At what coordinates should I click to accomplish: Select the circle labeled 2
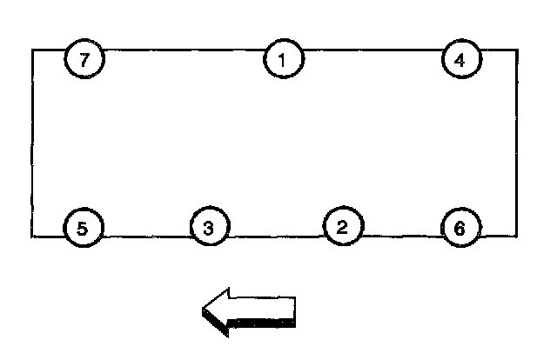click(x=342, y=227)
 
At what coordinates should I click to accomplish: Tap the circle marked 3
click(x=209, y=228)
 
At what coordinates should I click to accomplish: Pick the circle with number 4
click(x=460, y=59)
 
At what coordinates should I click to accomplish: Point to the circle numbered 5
click(x=83, y=229)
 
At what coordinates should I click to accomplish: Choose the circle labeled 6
click(x=460, y=229)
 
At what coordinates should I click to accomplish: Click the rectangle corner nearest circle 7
click(x=33, y=50)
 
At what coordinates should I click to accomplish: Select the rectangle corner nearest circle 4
click(x=517, y=50)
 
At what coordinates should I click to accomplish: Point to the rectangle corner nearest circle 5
click(x=33, y=236)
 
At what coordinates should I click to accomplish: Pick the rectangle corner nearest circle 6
click(x=517, y=236)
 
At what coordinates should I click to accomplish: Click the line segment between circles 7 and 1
click(x=183, y=50)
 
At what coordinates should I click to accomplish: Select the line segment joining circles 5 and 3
click(x=146, y=236)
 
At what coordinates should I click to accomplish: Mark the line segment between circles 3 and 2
click(x=275, y=236)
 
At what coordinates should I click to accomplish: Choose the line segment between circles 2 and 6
click(x=400, y=236)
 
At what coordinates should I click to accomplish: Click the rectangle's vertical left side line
click(x=33, y=143)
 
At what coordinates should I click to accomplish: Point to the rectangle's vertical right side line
click(x=517, y=143)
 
